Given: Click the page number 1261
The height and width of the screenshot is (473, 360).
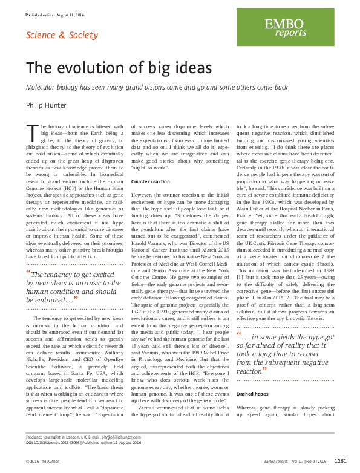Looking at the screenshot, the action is [x=340, y=461].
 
